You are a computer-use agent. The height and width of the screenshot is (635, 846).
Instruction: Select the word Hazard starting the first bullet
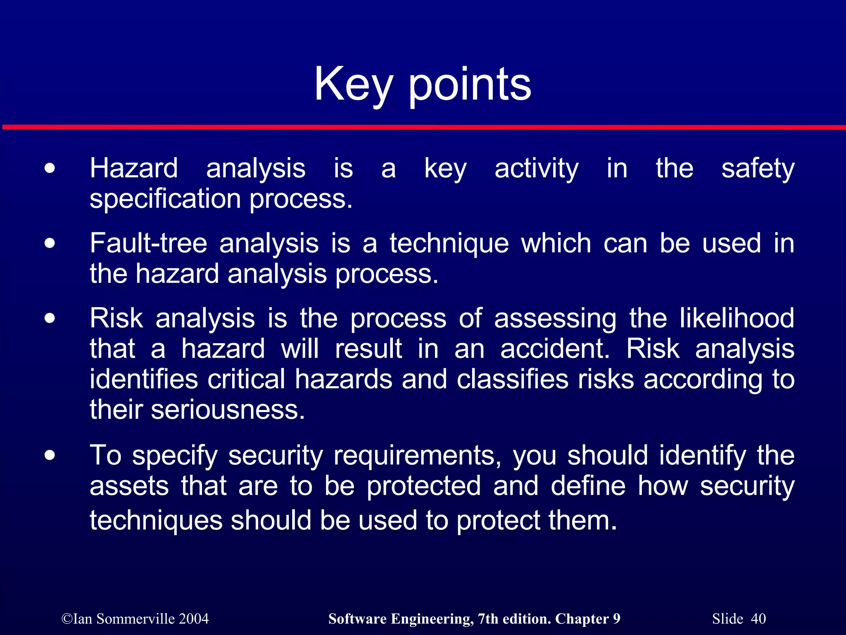[x=134, y=168]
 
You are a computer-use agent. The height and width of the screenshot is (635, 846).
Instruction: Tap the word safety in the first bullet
[x=758, y=168]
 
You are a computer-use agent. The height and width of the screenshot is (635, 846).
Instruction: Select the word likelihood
[x=737, y=318]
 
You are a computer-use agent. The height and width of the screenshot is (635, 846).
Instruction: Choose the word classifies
[x=512, y=379]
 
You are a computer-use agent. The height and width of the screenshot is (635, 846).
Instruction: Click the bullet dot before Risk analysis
[x=50, y=319]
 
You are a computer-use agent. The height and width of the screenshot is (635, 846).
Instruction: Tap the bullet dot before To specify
[x=50, y=456]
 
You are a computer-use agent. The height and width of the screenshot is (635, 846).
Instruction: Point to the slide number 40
[x=758, y=619]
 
